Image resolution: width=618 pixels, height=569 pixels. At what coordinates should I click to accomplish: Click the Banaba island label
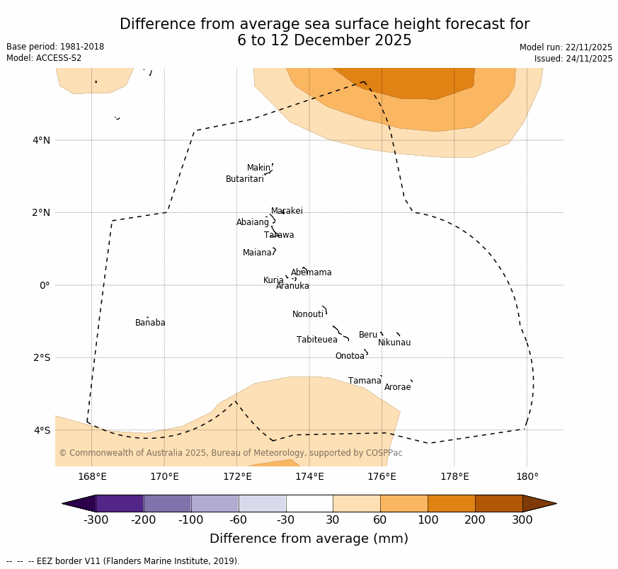pos(150,323)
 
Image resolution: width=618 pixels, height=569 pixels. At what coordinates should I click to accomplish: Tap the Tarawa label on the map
pos(279,235)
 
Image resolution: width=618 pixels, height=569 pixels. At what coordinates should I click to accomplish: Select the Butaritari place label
pos(244,179)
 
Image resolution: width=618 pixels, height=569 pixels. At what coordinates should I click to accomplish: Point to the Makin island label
pos(258,168)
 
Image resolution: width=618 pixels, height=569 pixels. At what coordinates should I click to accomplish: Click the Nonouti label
pos(308,314)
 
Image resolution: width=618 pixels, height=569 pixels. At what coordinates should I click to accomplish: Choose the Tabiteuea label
pos(316,340)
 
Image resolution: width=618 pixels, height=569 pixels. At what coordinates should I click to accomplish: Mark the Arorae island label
pos(397,387)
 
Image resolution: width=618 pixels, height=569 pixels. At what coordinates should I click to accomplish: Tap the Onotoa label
pos(350,356)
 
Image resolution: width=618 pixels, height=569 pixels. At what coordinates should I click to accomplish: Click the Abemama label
pos(311,272)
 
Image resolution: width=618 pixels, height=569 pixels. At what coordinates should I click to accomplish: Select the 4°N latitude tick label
pos(41,140)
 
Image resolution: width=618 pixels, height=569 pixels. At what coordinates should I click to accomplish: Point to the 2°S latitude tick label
pos(41,357)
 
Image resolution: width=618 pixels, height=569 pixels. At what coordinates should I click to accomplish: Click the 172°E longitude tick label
pos(236,476)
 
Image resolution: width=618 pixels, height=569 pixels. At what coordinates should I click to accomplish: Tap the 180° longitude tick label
pos(527,476)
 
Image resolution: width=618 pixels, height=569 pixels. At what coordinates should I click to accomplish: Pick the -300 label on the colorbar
pos(96,521)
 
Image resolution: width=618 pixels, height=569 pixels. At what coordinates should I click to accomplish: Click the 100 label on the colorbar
pos(428,521)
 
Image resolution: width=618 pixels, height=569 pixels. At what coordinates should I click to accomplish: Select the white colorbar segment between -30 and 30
pos(309,503)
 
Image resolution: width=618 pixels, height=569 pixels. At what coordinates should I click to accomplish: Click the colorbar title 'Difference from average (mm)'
pos(309,539)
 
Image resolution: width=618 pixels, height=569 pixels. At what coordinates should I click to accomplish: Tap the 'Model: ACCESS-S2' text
pos(44,58)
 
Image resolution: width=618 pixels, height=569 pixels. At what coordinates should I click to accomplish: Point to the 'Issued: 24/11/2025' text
pos(573,59)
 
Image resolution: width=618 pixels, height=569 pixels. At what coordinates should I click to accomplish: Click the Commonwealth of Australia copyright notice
pos(230,453)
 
